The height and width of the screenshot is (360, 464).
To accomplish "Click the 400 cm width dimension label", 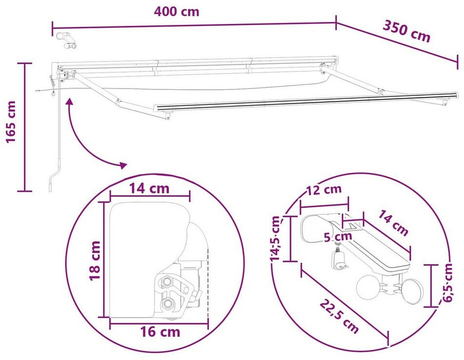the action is [x=177, y=12].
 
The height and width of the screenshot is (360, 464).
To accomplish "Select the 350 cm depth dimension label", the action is [x=407, y=31].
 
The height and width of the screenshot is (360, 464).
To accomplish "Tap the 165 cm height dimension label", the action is [x=11, y=122].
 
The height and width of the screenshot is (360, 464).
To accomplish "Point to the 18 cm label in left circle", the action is [x=95, y=261].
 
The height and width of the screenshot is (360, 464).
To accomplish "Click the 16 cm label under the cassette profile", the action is [x=160, y=332].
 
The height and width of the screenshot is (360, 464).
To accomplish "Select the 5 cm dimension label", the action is [x=337, y=237].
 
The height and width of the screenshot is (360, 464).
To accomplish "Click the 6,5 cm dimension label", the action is [x=448, y=282].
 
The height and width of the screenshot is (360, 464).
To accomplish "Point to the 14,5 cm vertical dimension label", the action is [x=276, y=238].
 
